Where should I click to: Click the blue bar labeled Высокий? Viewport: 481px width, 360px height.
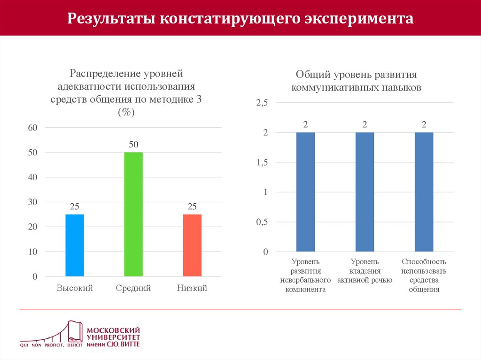(75, 245)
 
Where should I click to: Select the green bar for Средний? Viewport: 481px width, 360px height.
(133, 214)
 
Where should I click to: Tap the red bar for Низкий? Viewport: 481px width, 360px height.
(192, 245)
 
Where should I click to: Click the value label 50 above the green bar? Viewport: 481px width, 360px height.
(133, 145)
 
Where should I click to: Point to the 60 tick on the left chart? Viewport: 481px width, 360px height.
(33, 128)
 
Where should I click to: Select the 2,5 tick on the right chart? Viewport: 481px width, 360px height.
(262, 103)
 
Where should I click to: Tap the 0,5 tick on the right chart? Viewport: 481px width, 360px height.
(262, 222)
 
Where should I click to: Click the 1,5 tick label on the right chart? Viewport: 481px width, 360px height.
(262, 162)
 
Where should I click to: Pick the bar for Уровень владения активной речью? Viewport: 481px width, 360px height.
(365, 192)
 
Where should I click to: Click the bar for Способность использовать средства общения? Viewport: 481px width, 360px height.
(424, 192)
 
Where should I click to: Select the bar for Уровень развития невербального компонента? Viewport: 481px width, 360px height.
(305, 192)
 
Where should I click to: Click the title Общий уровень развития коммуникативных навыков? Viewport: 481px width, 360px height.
(356, 81)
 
